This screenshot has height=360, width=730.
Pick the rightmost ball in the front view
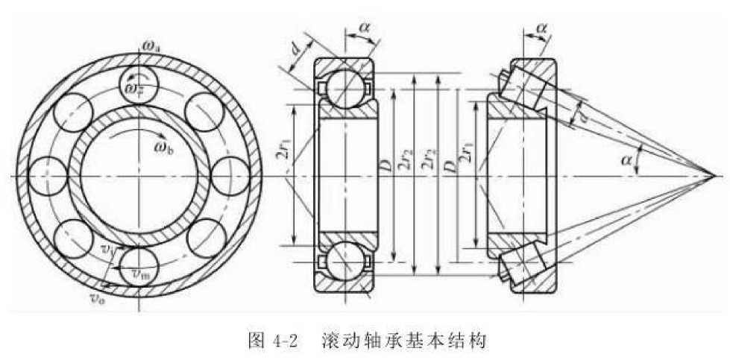click(230, 177)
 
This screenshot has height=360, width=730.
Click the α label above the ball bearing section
click(364, 28)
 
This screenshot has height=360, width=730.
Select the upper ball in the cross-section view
click(344, 89)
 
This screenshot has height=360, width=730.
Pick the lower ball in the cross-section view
click(344, 262)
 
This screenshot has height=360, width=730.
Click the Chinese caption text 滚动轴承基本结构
click(405, 342)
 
